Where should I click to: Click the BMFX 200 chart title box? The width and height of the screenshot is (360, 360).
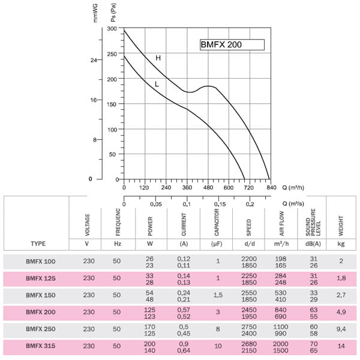(232, 44)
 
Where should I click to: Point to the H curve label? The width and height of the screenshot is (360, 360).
(158, 58)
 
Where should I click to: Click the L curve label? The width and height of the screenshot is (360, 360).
(157, 84)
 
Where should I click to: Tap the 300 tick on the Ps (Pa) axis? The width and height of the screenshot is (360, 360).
(112, 29)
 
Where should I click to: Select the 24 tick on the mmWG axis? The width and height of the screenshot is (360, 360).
(93, 60)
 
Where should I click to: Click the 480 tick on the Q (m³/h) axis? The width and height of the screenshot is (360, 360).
(208, 187)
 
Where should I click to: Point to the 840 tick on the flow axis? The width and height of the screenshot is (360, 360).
(271, 187)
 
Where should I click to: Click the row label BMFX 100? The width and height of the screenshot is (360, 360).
(40, 261)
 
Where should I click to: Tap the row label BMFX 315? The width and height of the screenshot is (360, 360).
(40, 346)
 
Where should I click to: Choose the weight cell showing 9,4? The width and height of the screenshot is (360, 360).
(341, 329)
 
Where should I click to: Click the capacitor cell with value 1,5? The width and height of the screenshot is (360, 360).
(218, 295)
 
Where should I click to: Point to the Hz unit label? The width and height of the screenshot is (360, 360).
(116, 244)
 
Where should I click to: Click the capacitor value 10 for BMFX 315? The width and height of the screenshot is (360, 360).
(218, 346)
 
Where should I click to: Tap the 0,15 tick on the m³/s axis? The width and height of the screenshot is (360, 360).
(219, 205)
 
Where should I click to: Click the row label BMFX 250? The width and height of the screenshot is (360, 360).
(40, 329)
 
